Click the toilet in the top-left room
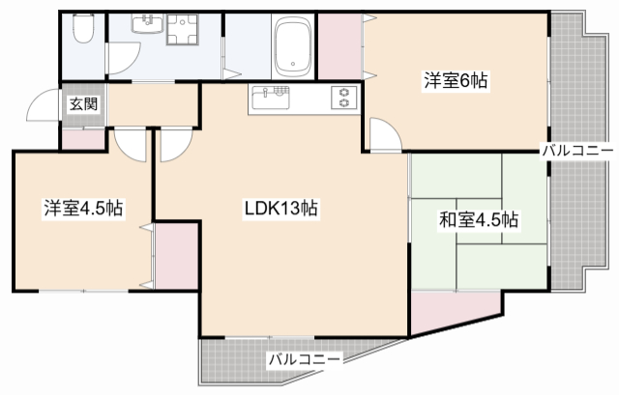coord(82,33)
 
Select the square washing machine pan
coord(182,33)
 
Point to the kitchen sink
coord(271,98)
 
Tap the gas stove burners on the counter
coord(343,99)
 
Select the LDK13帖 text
coord(281,208)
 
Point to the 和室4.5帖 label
coord(480,220)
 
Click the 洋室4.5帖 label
coord(82,208)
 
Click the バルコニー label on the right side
coord(577,151)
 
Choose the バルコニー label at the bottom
coord(304,360)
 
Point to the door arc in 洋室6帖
coord(383,135)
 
